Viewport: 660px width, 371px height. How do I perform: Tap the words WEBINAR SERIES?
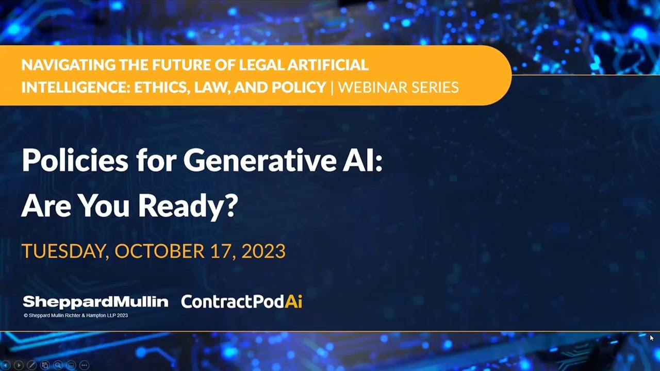[398, 87]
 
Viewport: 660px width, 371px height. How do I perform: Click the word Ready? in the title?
[188, 206]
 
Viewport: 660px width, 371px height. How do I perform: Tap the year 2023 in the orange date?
[263, 251]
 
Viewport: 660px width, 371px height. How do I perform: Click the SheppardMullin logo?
[95, 302]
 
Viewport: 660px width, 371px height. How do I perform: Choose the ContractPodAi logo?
[241, 302]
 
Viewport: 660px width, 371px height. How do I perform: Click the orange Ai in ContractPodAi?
[293, 302]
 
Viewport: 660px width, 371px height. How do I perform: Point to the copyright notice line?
[76, 315]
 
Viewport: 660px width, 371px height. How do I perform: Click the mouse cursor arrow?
[651, 338]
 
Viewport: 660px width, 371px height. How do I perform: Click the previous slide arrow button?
[6, 365]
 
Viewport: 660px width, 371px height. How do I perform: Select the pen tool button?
[31, 365]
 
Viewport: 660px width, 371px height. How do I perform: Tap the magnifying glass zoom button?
[58, 365]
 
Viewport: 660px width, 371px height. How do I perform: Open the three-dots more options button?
[84, 365]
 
